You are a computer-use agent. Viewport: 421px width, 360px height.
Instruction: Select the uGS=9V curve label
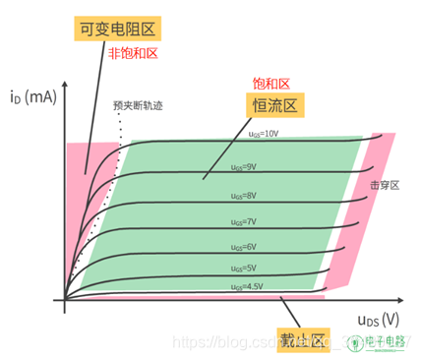[243, 166]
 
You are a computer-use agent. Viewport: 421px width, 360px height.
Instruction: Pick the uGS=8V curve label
[243, 196]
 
